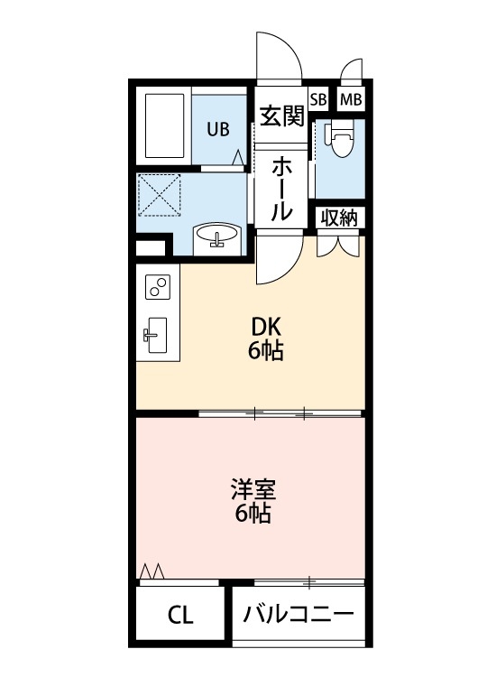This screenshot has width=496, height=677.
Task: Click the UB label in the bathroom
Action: click(218, 129)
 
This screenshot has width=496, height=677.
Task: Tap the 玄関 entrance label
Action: click(280, 117)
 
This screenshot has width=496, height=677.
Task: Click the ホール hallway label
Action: click(281, 189)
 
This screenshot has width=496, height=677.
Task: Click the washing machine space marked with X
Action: click(161, 193)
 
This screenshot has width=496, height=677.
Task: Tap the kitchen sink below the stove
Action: click(154, 336)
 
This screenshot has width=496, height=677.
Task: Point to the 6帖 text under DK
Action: click(266, 351)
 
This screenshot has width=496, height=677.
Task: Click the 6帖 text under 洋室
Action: click(253, 515)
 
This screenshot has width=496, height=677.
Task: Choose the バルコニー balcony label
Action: click(299, 616)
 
